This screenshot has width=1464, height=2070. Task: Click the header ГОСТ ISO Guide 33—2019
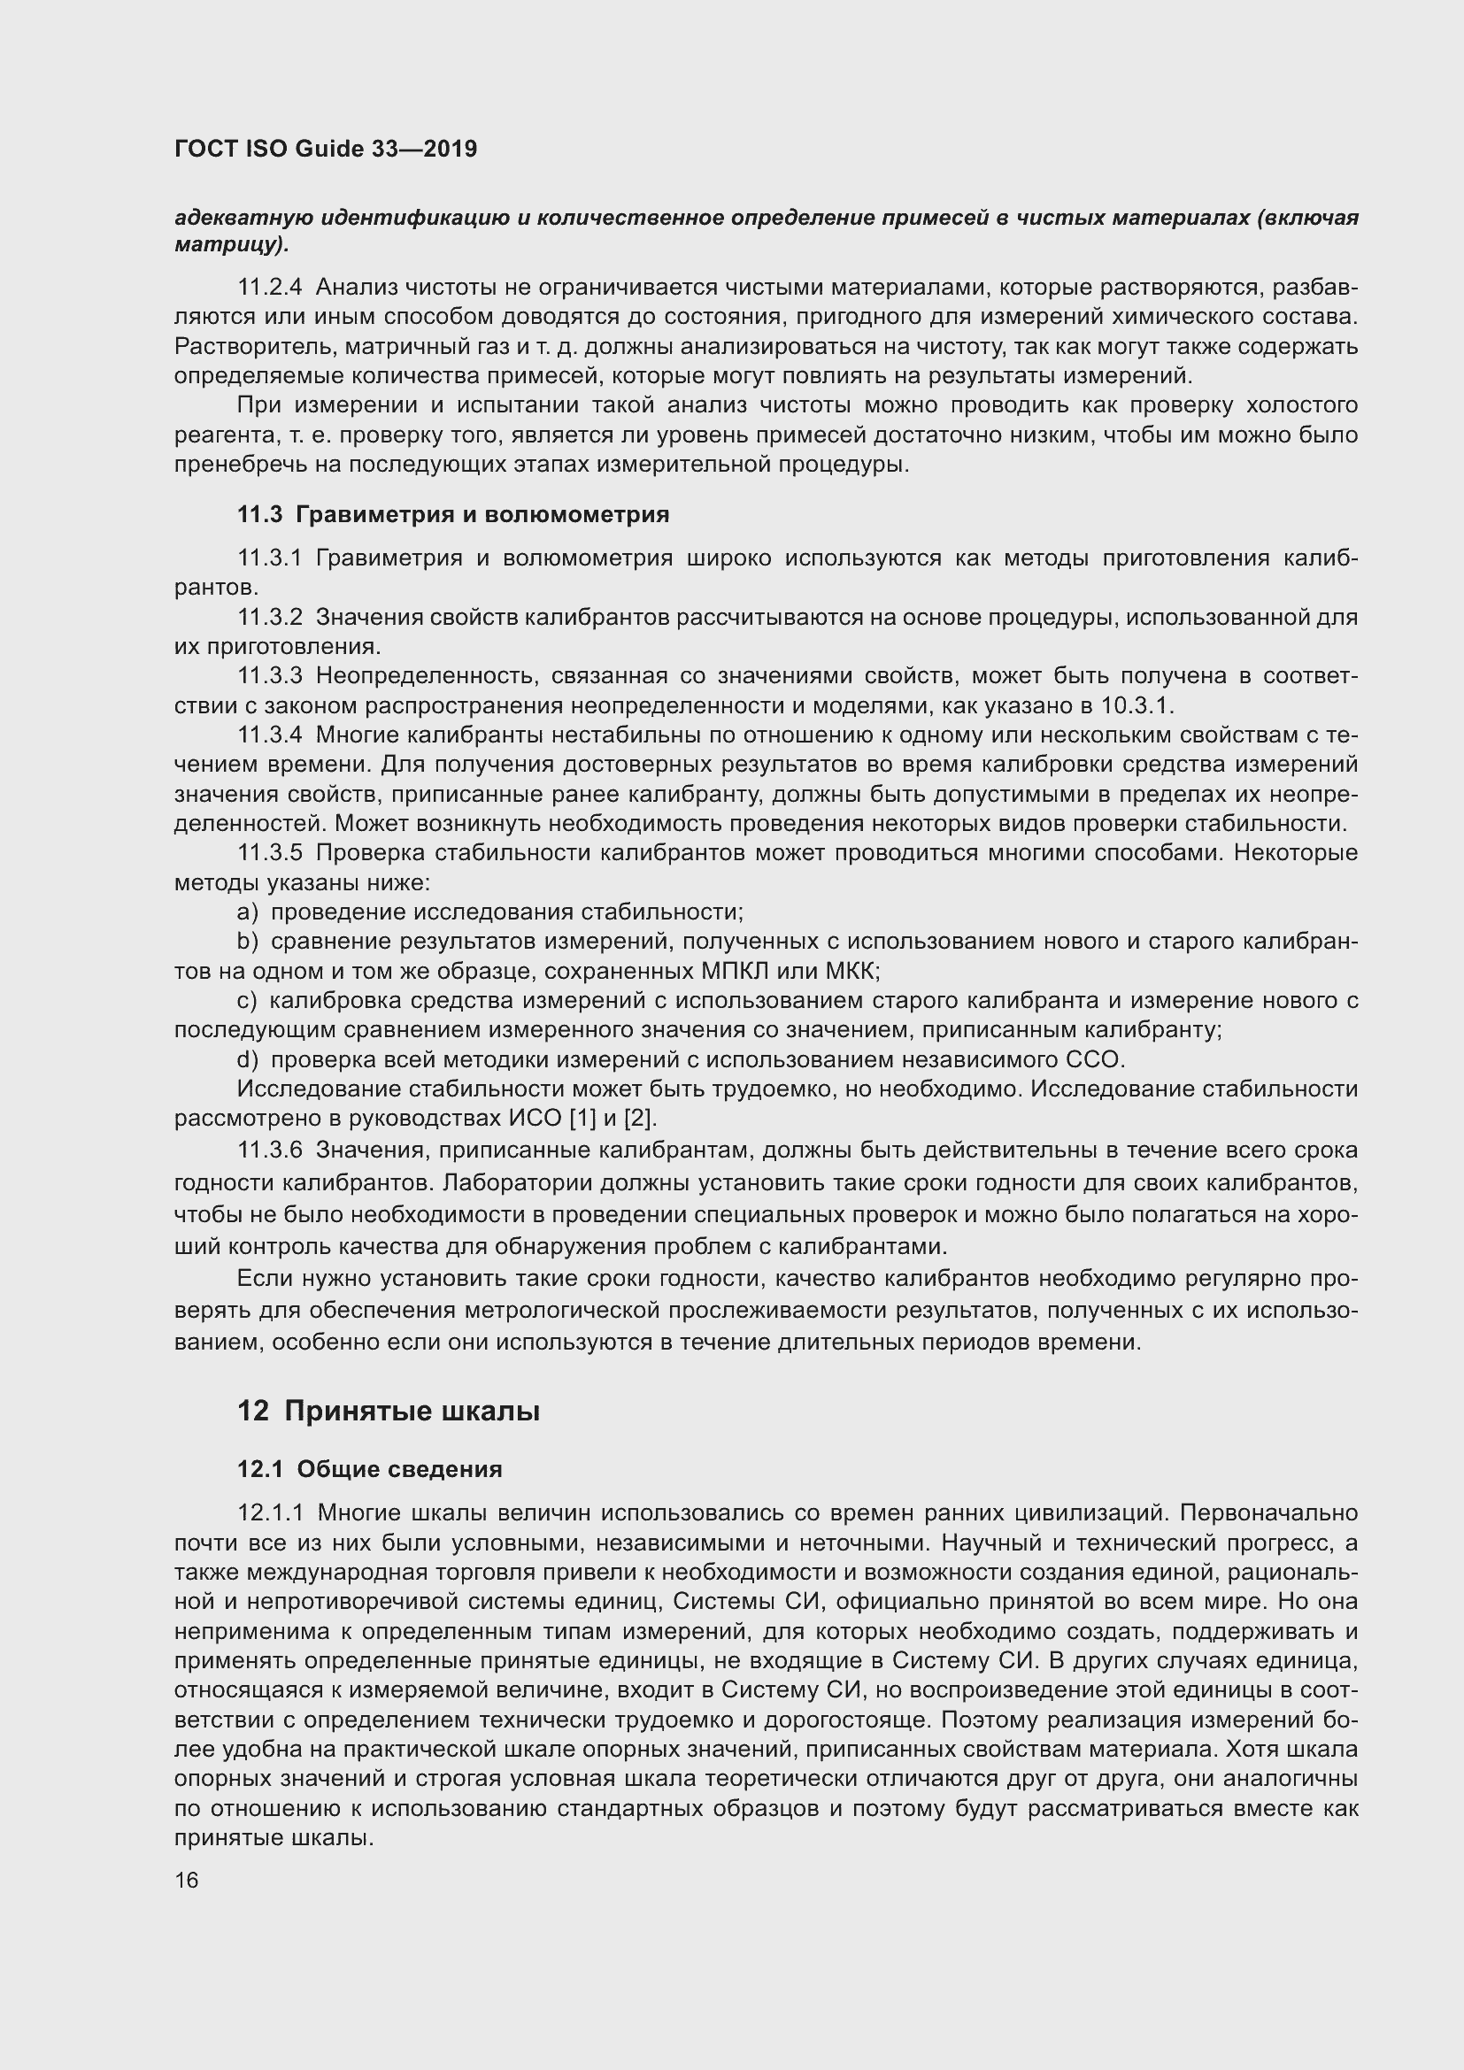tap(326, 150)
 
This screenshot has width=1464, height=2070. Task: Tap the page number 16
tap(187, 1880)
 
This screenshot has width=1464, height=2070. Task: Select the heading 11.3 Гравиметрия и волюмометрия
tap(452, 515)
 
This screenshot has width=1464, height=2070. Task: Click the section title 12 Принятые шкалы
tap(389, 1411)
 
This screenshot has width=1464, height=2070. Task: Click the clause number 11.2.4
tap(270, 288)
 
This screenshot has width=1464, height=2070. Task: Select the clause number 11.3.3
tap(270, 676)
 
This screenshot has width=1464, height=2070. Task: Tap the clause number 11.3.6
tap(270, 1151)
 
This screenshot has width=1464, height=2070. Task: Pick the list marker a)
tap(247, 912)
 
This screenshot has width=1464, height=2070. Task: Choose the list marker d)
tap(247, 1059)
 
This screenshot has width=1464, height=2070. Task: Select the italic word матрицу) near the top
tap(232, 244)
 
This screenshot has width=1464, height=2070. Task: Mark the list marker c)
tap(247, 1001)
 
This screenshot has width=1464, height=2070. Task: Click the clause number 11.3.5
tap(270, 853)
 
